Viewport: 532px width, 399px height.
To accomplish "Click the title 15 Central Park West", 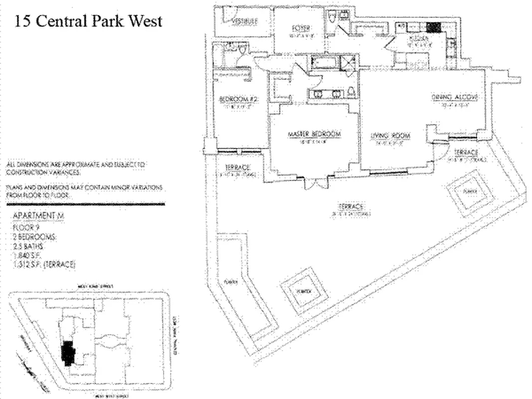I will point(88,21).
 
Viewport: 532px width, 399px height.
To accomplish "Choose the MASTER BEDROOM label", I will point(314,135).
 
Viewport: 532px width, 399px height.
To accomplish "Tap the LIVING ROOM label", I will point(390,136).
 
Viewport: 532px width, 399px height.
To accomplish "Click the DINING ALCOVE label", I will point(455,98).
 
